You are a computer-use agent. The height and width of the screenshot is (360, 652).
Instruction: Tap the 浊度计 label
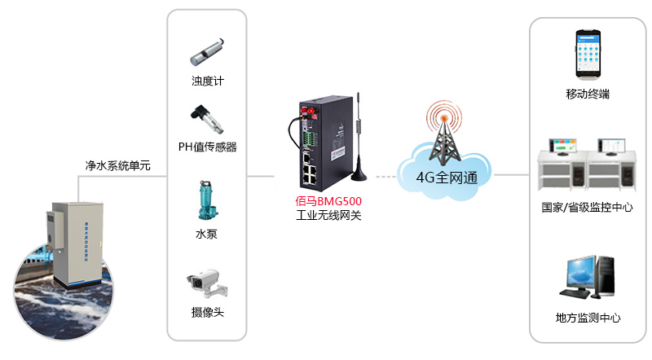(x=207, y=81)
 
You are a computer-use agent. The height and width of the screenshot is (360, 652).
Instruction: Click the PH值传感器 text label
(x=207, y=147)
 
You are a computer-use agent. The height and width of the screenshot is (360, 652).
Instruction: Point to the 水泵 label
(x=206, y=235)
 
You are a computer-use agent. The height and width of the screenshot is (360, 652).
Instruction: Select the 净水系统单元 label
(x=118, y=165)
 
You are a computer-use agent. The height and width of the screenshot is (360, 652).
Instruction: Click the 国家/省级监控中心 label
(x=588, y=207)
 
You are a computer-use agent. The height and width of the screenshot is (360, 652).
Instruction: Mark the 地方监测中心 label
(x=588, y=318)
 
